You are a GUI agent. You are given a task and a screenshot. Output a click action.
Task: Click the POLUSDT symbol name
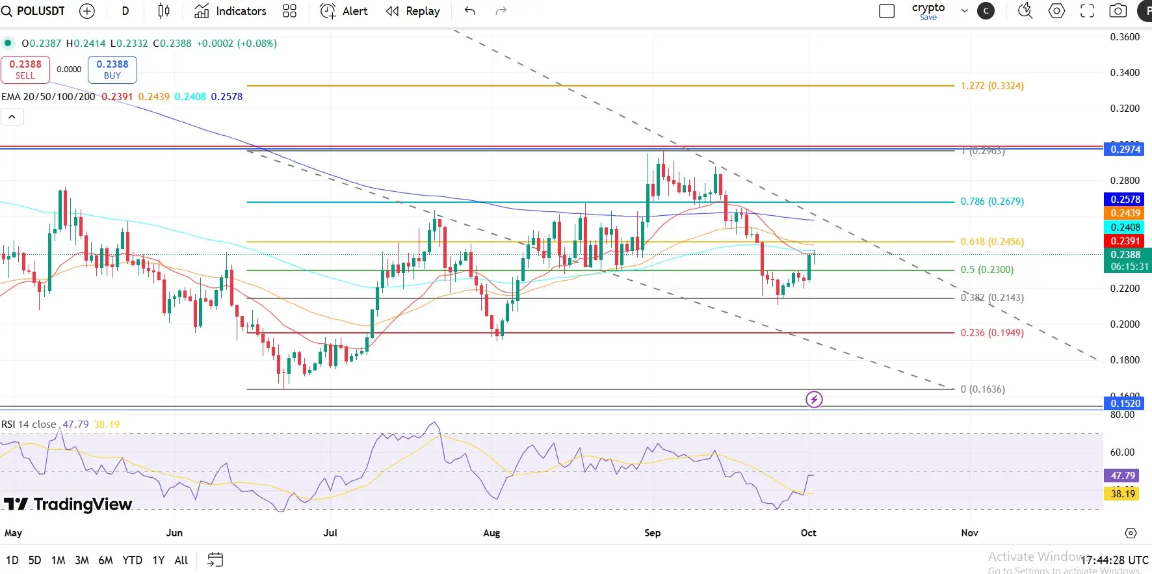coord(40,11)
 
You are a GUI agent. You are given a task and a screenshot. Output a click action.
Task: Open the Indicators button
coord(231,11)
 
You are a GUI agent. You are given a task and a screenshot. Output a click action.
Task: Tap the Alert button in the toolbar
coord(344,11)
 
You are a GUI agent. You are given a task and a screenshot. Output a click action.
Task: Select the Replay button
coord(413,11)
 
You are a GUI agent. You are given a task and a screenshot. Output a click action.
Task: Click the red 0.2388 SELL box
coord(25,70)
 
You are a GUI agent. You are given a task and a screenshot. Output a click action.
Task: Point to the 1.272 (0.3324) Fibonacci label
coord(992,86)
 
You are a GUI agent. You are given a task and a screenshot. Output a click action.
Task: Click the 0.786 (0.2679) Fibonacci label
coord(992,202)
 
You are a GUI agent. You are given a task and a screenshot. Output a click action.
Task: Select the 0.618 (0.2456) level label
coord(992,242)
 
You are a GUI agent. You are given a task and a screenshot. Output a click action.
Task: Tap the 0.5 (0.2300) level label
coord(987,270)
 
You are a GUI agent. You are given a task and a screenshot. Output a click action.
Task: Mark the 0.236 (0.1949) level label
coord(992,333)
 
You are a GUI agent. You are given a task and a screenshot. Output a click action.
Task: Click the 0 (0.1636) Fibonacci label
coord(982,389)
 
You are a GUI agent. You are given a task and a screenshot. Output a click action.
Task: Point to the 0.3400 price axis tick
coord(1125,73)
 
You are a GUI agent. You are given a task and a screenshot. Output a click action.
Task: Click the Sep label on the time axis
coord(652,533)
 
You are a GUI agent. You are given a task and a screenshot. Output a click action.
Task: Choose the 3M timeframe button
coord(82,560)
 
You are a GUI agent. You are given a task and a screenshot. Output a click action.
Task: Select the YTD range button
coord(132,560)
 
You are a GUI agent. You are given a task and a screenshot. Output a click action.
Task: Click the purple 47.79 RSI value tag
coord(1123,476)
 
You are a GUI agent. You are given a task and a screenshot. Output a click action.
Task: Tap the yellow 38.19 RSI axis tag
coord(1123,494)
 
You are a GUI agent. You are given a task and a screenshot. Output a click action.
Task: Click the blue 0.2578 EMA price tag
coord(1125,200)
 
